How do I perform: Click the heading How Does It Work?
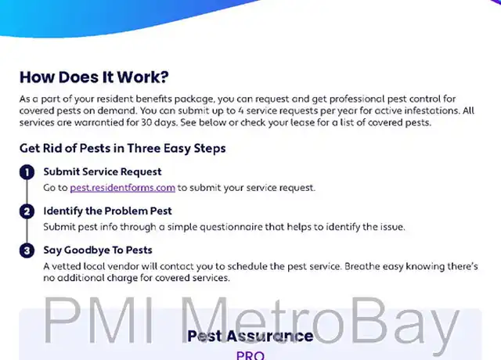[x=94, y=77]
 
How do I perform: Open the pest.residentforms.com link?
[x=122, y=188]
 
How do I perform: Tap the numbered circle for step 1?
[x=27, y=172]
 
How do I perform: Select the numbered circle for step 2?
[x=27, y=211]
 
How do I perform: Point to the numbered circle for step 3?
[x=27, y=250]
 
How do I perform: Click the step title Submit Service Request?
[x=103, y=172]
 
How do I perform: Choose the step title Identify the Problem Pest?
[x=108, y=211]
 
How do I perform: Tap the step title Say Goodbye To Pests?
[x=98, y=250]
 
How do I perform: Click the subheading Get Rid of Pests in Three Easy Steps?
[x=123, y=148]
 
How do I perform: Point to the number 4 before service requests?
[x=241, y=110]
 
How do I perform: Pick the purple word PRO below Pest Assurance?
[x=250, y=355]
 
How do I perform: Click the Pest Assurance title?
[x=250, y=336]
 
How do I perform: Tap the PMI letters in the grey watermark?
[x=99, y=319]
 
